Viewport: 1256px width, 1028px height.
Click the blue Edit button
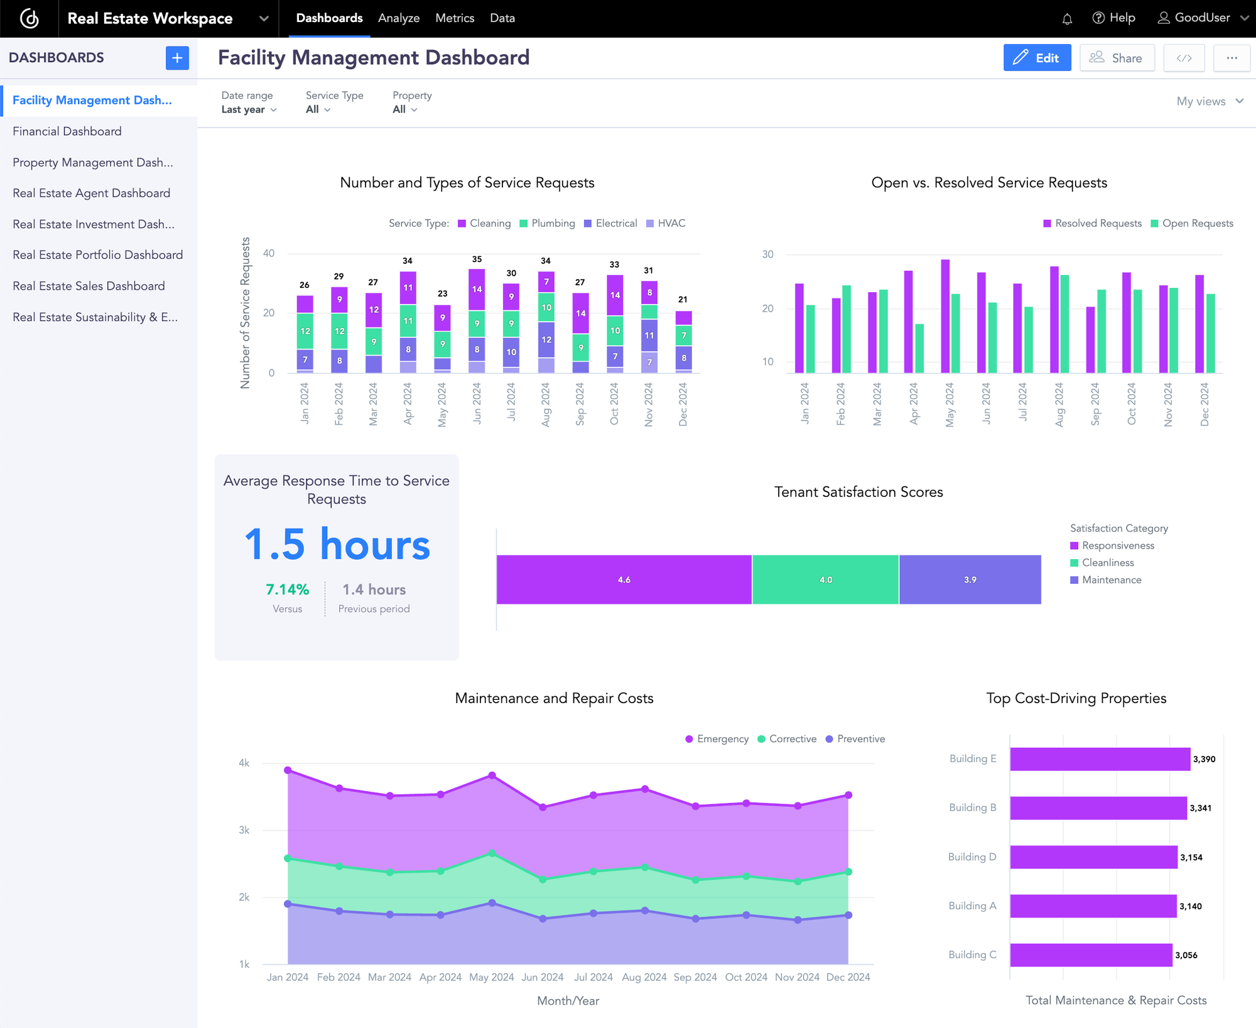(x=1037, y=58)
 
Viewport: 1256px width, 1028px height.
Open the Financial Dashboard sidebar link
(x=67, y=131)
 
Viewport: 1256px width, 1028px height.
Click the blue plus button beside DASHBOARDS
(x=177, y=58)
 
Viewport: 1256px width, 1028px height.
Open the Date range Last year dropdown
(x=249, y=109)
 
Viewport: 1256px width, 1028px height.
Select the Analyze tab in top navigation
(x=398, y=18)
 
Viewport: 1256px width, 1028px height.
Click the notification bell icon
(x=1067, y=19)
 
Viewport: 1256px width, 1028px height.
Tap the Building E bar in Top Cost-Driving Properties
(x=1099, y=759)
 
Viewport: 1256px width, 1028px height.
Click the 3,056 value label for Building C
(x=1186, y=955)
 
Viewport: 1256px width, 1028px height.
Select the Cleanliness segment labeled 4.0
(x=825, y=579)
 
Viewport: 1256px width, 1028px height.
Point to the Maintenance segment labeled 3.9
(x=970, y=579)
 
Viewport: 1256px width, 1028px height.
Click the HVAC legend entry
(x=666, y=223)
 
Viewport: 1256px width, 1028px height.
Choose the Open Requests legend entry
(x=1192, y=223)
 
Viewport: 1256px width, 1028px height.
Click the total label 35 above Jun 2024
(x=477, y=259)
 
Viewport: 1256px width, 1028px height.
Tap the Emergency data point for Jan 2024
(x=288, y=770)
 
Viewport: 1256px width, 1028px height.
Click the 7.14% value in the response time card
(x=287, y=589)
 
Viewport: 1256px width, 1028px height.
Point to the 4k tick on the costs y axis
(x=244, y=763)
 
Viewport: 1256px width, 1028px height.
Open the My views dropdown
(x=1209, y=101)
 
